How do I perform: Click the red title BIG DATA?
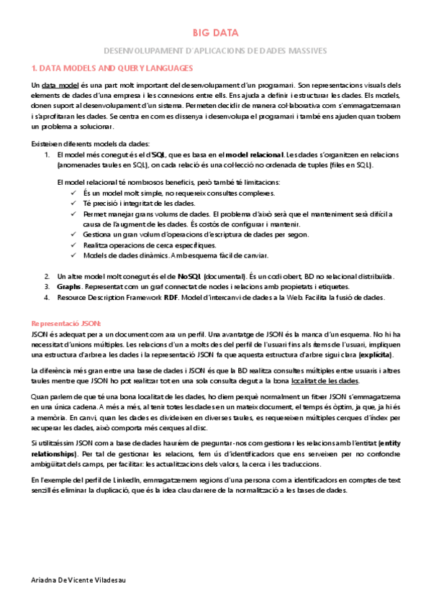[215, 33]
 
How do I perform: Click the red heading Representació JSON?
[67, 324]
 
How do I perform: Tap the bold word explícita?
[375, 355]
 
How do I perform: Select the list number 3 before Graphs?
[46, 287]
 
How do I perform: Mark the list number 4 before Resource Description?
[46, 297]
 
